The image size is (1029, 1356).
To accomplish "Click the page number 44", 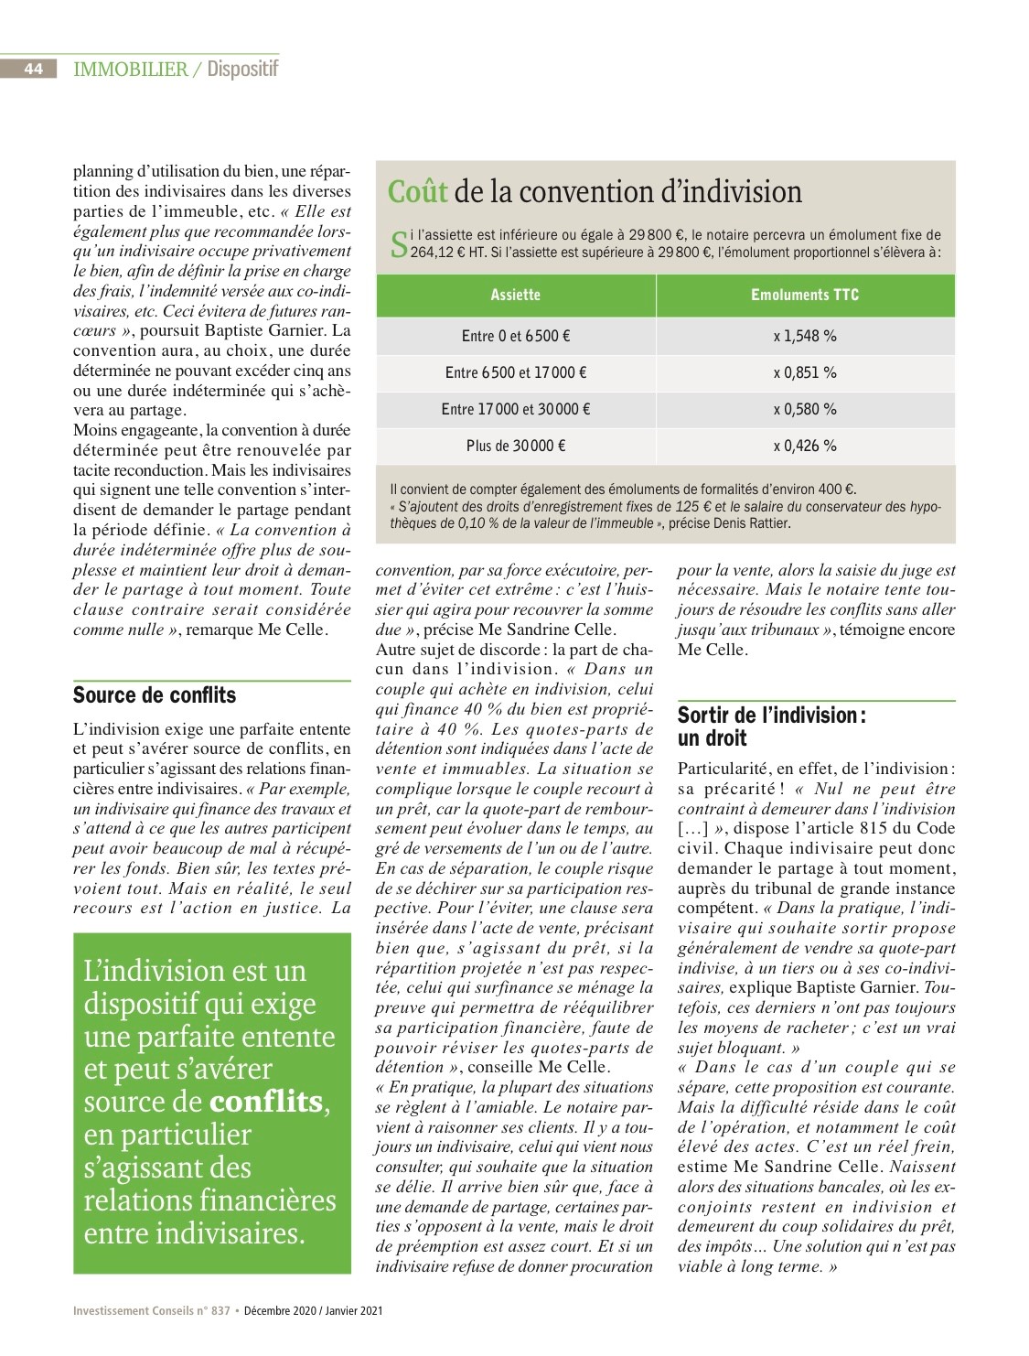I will pyautogui.click(x=33, y=69).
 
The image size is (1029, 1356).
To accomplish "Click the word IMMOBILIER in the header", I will pyautogui.click(x=130, y=69).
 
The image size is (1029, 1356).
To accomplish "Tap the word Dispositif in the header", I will pyautogui.click(x=242, y=69).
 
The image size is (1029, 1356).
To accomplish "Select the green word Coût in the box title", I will pyautogui.click(x=417, y=192).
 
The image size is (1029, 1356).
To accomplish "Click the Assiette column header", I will pyautogui.click(x=516, y=295).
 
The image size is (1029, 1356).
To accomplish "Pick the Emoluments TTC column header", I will pyautogui.click(x=805, y=295).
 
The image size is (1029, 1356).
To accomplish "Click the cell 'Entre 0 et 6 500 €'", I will pyautogui.click(x=516, y=336).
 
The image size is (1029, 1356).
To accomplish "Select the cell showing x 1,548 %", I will pyautogui.click(x=805, y=336).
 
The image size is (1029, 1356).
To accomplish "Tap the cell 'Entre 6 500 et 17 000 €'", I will pyautogui.click(x=516, y=372).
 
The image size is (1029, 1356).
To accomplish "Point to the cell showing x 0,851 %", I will pyautogui.click(x=805, y=372).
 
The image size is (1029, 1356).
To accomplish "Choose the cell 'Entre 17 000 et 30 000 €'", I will pyautogui.click(x=516, y=409).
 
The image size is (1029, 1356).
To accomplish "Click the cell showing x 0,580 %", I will pyautogui.click(x=805, y=409).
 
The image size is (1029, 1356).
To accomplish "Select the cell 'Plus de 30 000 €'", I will pyautogui.click(x=516, y=446).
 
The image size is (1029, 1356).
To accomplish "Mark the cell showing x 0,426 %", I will pyautogui.click(x=805, y=446).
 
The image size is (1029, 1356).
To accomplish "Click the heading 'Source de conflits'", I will pyautogui.click(x=155, y=695).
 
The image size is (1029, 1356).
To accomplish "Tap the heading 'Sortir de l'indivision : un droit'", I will pyautogui.click(x=772, y=726).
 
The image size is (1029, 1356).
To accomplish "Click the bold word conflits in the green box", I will pyautogui.click(x=266, y=1102).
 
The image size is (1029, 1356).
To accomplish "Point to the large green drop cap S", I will pyautogui.click(x=399, y=244).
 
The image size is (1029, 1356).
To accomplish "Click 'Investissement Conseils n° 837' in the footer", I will pyautogui.click(x=152, y=1310).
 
